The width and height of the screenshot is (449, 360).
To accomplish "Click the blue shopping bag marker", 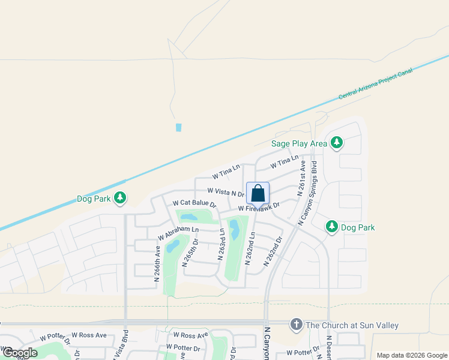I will tap(258, 194).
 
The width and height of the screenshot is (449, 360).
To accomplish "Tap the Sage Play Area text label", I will tap(299, 143).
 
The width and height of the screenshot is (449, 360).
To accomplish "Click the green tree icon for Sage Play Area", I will tap(337, 143).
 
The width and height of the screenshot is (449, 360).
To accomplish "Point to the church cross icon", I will tap(295, 325).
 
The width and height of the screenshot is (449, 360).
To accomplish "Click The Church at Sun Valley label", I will tap(352, 326).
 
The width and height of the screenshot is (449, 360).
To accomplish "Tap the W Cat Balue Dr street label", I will tap(194, 204).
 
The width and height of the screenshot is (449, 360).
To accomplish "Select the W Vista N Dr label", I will tap(226, 191).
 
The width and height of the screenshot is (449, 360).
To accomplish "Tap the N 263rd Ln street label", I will tap(221, 245).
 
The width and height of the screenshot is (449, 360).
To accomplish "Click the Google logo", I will tap(20, 353).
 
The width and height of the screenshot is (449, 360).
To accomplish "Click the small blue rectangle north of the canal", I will tap(178, 127).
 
